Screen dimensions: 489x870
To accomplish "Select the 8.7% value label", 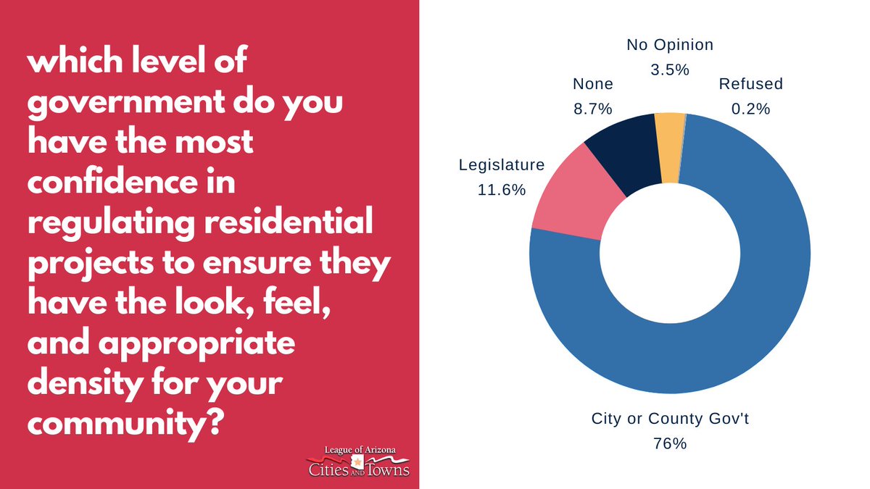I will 593,109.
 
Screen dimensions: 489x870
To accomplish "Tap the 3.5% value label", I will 670,70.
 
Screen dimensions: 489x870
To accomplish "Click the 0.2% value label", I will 750,109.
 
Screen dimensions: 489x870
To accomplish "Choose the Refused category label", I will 750,84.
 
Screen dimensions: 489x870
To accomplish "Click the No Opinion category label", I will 670,45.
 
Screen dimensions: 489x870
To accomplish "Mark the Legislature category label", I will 502,165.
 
